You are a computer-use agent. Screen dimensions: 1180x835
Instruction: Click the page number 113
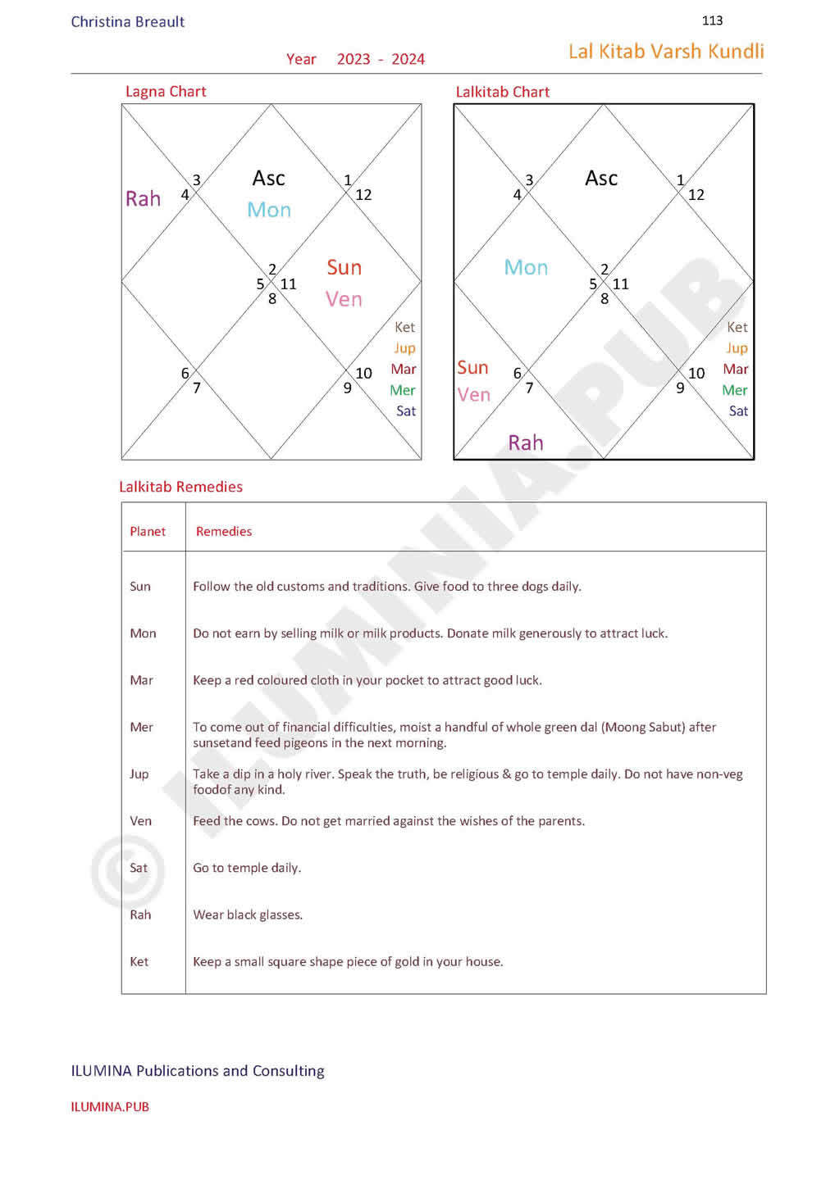coord(712,20)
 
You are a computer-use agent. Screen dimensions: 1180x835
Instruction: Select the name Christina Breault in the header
coord(128,22)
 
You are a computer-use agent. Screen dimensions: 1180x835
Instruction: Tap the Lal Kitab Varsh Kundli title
coord(666,52)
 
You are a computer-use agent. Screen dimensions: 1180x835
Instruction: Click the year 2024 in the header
coord(408,59)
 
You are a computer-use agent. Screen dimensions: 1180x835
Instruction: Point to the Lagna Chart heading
coord(166,92)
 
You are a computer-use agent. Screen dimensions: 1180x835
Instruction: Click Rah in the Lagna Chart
coord(143,199)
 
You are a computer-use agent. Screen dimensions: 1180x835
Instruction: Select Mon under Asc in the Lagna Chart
coord(269,210)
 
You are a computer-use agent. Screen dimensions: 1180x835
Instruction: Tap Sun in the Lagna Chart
coord(344,268)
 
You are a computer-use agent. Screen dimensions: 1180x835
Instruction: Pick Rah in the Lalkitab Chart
coord(526,443)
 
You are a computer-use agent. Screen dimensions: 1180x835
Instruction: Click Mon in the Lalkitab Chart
coord(526,268)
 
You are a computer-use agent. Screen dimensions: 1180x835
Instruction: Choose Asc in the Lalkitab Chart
coord(601,179)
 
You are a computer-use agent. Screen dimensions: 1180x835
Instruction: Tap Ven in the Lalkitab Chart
coord(474,395)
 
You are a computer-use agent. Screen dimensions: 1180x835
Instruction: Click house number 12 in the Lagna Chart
coord(363,195)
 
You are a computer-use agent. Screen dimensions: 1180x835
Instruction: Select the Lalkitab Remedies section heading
coord(181,487)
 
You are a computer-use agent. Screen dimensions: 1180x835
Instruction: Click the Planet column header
coord(148,532)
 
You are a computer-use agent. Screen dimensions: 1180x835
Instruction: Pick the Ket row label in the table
coord(139,962)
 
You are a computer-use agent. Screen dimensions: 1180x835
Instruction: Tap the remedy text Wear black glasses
coord(248,915)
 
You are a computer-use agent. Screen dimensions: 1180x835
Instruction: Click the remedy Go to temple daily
coord(247,868)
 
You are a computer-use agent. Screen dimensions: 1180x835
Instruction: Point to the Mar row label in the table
coord(141,680)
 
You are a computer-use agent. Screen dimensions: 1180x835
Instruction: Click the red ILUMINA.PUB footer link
coord(110,1107)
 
